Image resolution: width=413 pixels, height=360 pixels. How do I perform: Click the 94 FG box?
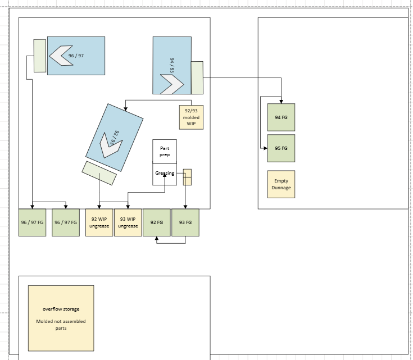point(281,117)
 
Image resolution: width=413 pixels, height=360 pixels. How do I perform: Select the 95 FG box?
point(281,148)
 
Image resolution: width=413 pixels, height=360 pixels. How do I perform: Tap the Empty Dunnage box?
point(281,184)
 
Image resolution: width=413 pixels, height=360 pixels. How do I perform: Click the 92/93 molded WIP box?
point(191,117)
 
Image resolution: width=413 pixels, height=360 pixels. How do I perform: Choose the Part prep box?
point(165,152)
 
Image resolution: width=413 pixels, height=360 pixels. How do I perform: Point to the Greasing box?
point(165,174)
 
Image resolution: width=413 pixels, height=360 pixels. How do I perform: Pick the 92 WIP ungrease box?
point(99,222)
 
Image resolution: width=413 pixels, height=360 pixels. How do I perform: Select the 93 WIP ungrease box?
point(128,222)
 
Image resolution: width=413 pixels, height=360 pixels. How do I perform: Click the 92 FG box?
point(156,222)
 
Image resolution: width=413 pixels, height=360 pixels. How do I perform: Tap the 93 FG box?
point(185,222)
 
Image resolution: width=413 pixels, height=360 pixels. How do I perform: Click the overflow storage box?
point(61,318)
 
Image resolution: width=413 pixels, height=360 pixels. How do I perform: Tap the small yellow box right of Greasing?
point(187,177)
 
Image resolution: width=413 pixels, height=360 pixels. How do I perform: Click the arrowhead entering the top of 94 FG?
point(281,102)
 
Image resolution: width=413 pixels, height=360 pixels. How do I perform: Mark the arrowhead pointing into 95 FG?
point(265,148)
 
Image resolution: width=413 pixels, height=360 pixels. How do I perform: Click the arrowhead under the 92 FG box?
point(156,238)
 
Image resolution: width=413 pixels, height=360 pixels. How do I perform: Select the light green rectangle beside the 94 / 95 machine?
point(197,78)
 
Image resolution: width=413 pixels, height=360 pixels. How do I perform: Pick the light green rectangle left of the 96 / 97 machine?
point(40,56)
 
